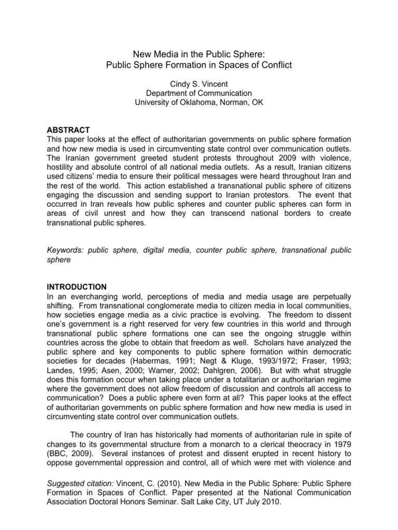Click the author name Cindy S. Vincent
[198, 83]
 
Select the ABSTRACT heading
[68, 130]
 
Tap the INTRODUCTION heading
[77, 286]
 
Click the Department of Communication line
[198, 93]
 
